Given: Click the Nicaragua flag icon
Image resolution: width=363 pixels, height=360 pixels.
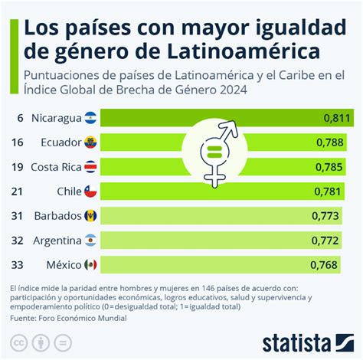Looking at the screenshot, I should [x=90, y=118].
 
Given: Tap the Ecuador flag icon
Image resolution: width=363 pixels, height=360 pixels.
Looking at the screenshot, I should [x=90, y=142].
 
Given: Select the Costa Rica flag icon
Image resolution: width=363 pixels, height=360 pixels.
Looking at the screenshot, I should [x=90, y=167].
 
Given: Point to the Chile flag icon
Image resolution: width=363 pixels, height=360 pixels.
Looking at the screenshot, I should [x=90, y=191].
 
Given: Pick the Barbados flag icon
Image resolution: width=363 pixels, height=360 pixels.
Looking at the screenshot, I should [x=90, y=216].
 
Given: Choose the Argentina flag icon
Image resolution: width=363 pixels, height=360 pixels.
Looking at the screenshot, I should [x=90, y=241].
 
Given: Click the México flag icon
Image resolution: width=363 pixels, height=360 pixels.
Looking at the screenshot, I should [x=90, y=265].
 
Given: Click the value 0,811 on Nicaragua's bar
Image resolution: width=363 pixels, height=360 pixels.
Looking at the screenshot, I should [x=336, y=118].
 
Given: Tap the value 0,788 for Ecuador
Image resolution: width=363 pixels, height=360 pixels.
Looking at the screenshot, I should [x=336, y=142].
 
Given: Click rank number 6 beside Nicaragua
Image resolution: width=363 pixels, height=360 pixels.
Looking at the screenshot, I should [x=17, y=118].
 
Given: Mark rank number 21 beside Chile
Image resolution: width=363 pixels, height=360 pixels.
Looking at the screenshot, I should [x=17, y=191].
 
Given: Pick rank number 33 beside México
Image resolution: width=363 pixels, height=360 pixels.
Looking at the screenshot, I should [x=17, y=265].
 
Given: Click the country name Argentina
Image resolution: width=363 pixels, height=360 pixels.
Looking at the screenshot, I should [x=57, y=241].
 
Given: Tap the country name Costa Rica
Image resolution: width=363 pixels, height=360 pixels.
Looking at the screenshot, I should [x=56, y=167].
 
